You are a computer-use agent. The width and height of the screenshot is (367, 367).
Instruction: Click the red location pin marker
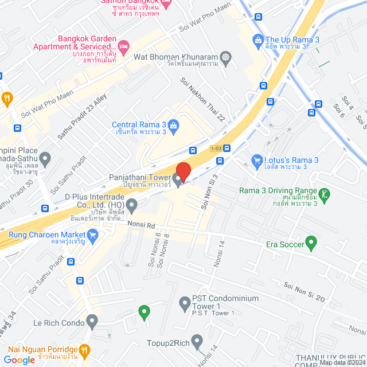[183, 171]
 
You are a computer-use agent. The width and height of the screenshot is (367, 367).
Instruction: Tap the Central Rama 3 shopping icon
[174, 124]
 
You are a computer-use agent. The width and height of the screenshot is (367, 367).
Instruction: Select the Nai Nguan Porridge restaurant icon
[85, 349]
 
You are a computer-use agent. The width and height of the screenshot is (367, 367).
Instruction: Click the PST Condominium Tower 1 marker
[185, 302]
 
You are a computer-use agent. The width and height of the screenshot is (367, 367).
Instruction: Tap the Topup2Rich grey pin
[197, 342]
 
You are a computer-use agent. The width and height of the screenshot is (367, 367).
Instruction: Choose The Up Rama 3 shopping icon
[258, 40]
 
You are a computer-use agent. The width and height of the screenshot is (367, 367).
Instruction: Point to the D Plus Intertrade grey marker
[132, 204]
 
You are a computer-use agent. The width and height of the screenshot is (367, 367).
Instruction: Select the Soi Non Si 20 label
[304, 292]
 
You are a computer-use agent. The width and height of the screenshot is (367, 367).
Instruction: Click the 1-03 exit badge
[216, 148]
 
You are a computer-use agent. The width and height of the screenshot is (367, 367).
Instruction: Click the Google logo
[19, 360]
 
